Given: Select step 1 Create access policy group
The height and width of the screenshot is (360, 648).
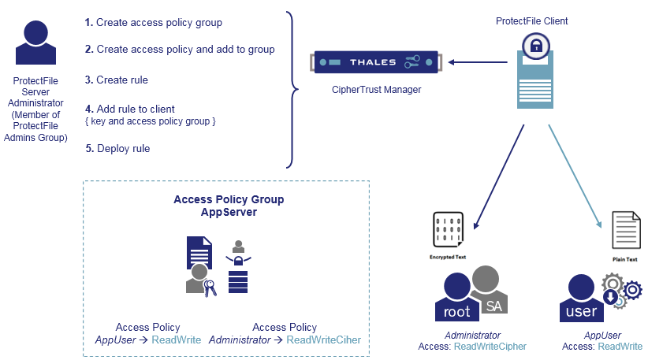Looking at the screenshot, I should (154, 23).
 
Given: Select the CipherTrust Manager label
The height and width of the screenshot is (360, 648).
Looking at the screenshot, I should (376, 90).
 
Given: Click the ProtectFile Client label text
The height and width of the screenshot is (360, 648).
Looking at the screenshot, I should (531, 20).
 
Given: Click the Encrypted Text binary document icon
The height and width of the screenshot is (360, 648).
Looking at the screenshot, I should (447, 230).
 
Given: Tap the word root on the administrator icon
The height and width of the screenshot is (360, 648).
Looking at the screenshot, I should (456, 311).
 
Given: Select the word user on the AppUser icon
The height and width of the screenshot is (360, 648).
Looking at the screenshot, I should (582, 311).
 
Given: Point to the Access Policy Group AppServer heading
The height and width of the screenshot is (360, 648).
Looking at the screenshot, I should (229, 206).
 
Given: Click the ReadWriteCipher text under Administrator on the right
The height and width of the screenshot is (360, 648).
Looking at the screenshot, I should (490, 347).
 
